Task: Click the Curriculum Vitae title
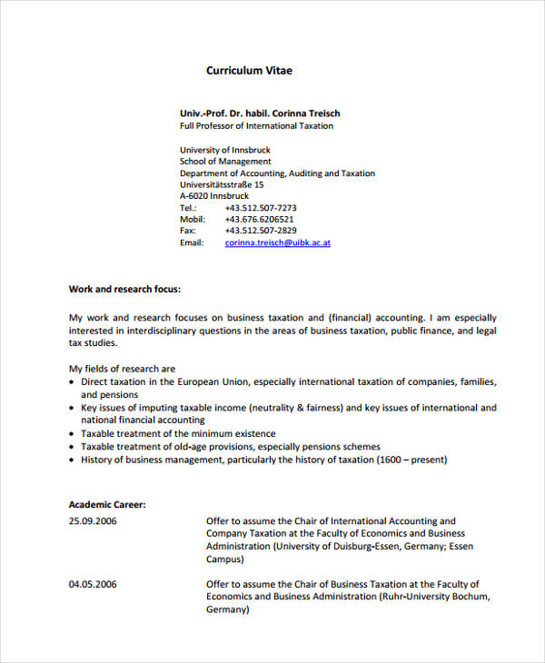[249, 70]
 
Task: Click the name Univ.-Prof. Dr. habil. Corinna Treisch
[260, 114]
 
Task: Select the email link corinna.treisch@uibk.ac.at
[277, 243]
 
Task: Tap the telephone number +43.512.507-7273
[260, 208]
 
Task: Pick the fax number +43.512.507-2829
[260, 232]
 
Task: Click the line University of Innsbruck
[224, 150]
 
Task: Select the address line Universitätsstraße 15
[222, 184]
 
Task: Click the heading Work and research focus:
[125, 290]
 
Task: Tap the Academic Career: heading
[107, 504]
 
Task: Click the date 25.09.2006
[93, 521]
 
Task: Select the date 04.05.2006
[93, 584]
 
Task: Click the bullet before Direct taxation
[73, 383]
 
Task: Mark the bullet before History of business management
[73, 460]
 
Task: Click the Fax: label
[190, 232]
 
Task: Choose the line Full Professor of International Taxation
[256, 126]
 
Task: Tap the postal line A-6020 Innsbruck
[214, 196]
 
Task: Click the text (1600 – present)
[411, 460]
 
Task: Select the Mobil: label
[193, 220]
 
